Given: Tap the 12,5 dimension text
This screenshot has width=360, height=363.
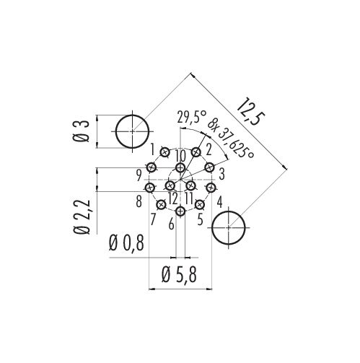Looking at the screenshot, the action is [x=250, y=112].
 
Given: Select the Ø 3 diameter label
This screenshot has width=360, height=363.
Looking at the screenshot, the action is [x=81, y=131].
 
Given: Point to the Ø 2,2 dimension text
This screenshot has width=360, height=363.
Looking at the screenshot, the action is [x=82, y=217].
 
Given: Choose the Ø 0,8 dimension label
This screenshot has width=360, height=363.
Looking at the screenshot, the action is [x=126, y=243].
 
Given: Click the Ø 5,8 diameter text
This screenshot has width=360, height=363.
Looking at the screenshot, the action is [x=179, y=275].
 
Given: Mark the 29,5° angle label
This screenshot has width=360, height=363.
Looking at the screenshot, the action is [x=192, y=117].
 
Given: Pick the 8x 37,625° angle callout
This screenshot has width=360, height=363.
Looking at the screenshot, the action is [x=231, y=139].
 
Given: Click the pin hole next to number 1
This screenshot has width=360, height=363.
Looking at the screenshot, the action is [x=164, y=152].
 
